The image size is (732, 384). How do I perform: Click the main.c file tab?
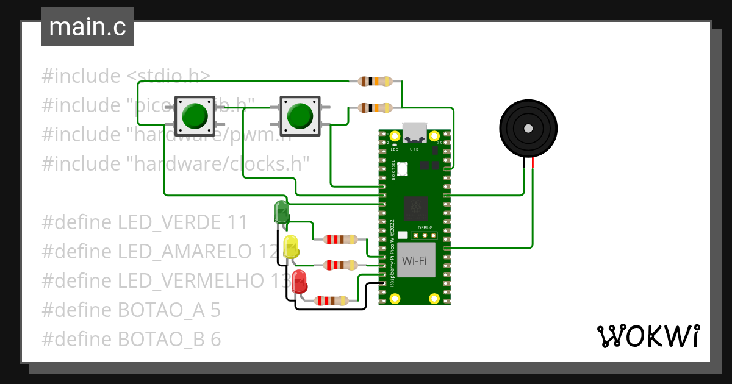[87, 27]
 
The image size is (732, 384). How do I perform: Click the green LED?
[281, 212]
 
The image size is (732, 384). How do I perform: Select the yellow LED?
[291, 246]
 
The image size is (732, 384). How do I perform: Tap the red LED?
[299, 282]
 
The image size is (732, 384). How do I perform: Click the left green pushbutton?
[195, 115]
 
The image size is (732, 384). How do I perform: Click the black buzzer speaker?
[528, 129]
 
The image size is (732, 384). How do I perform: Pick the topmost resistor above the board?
[375, 81]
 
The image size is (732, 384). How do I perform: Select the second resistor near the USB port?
[375, 108]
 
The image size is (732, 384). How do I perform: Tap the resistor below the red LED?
[331, 300]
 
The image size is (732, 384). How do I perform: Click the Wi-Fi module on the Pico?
[414, 260]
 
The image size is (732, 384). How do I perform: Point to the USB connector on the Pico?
[415, 132]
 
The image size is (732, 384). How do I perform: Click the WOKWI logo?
[648, 336]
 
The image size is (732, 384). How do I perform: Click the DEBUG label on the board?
[425, 227]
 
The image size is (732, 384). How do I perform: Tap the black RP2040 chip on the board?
[416, 207]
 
